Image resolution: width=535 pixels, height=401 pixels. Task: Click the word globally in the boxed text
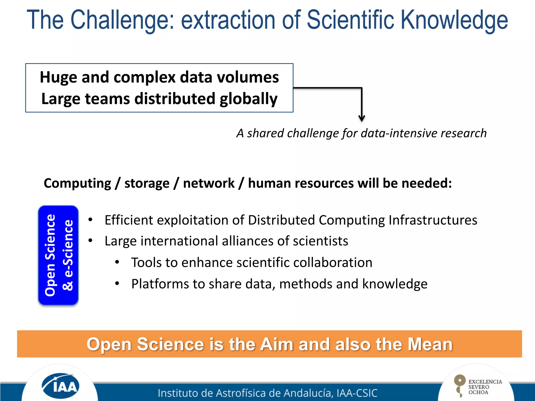(248, 99)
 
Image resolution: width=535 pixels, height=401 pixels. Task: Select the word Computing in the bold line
(77, 183)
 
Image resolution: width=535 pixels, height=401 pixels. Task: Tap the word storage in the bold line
(147, 183)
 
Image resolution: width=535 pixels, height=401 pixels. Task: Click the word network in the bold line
(209, 183)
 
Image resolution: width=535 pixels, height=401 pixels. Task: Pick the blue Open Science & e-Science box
(58, 255)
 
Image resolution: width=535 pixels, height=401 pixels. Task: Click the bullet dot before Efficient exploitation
(90, 220)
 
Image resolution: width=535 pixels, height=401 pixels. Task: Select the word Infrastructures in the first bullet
(433, 220)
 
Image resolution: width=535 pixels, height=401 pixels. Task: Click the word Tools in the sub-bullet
(147, 263)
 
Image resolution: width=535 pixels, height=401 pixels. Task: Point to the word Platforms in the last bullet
(160, 284)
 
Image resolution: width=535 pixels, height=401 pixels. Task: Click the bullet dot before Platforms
(117, 283)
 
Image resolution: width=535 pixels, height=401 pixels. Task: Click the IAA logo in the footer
(60, 386)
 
